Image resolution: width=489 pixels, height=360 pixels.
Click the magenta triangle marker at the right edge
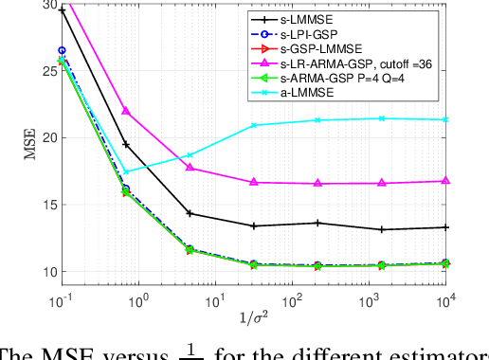pos(446,181)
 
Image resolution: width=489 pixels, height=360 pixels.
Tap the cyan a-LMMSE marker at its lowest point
pos(126,171)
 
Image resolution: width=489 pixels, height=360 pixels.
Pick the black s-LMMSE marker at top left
pos(63,10)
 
